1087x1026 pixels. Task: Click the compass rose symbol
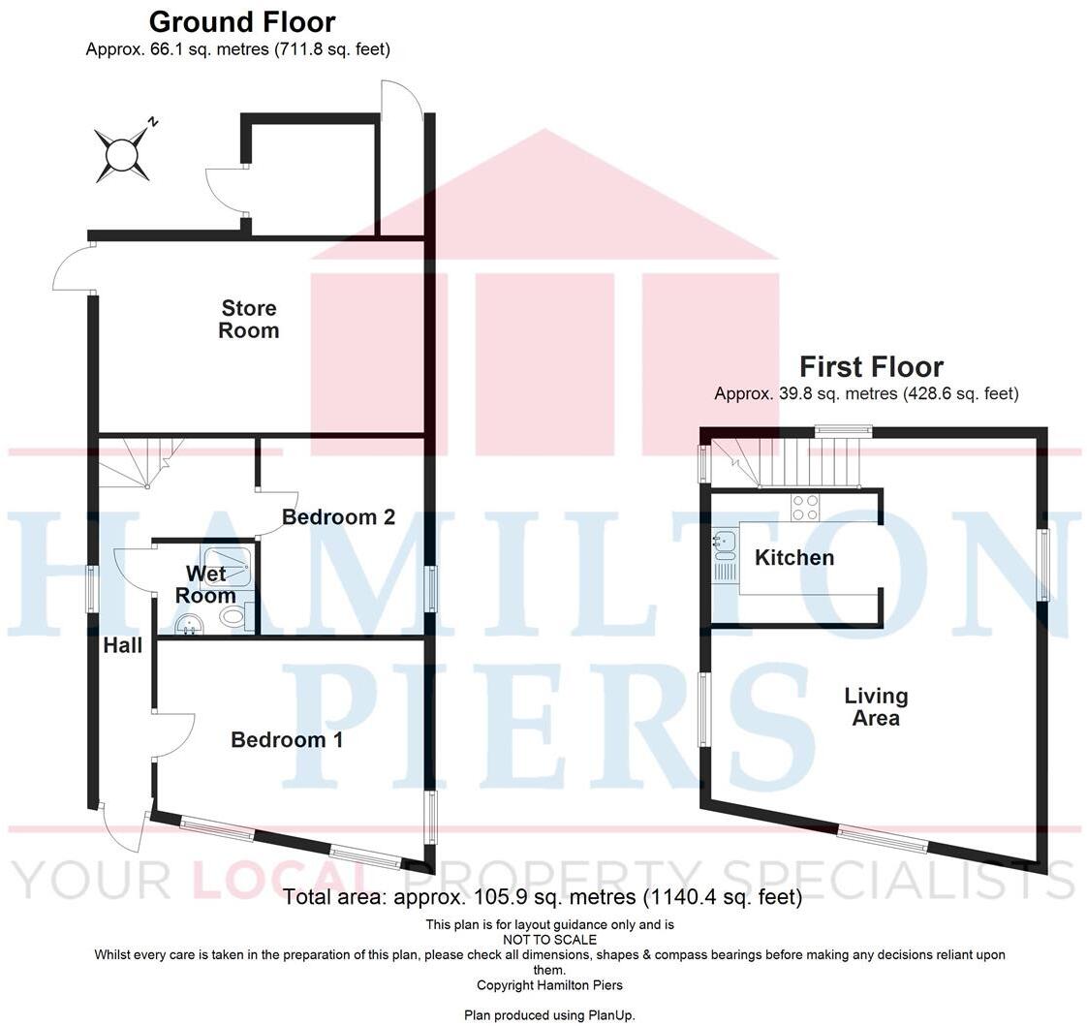point(123,154)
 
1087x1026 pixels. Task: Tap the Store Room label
point(249,319)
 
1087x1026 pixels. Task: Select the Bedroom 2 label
point(338,517)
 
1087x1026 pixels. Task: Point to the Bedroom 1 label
point(287,740)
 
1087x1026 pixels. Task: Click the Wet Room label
point(205,584)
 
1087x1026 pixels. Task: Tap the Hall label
point(123,645)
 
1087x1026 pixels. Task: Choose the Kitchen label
point(794,557)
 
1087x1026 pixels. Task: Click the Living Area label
point(876,707)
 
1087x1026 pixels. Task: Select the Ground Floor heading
point(242,21)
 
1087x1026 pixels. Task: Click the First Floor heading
point(871,367)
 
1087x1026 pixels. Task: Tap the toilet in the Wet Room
point(233,617)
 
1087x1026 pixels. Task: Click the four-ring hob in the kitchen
point(805,506)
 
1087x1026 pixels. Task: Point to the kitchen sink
point(725,545)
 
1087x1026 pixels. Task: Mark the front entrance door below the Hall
point(124,828)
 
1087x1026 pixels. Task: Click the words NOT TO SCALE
point(549,940)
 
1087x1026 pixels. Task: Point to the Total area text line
point(543,897)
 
